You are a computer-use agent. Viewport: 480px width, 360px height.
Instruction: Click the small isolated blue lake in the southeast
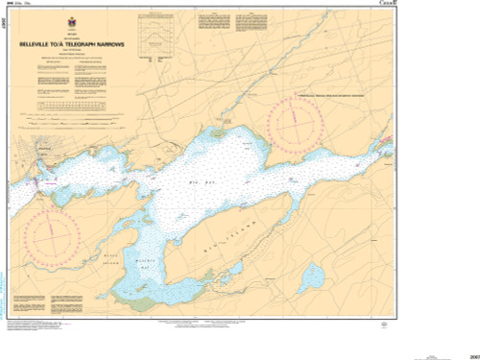tap(311, 279)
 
